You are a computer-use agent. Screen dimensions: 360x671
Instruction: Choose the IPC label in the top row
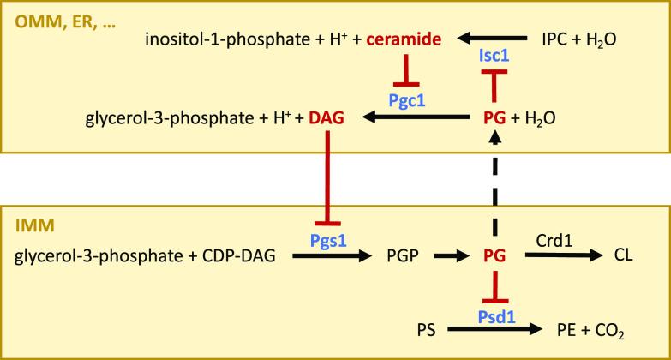555,39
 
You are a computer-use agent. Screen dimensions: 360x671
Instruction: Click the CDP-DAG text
232,255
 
